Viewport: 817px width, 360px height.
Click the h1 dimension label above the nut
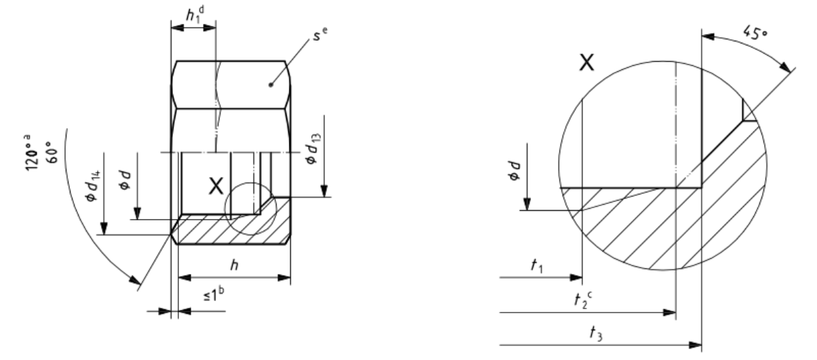pos(195,15)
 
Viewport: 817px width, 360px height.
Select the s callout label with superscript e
pos(320,33)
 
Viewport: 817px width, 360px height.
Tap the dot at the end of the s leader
pos(271,85)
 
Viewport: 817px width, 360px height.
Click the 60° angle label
pos(52,153)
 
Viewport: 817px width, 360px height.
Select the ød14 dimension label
pos(92,186)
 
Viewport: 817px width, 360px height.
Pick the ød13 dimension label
pos(313,149)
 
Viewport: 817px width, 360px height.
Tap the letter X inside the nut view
pos(216,186)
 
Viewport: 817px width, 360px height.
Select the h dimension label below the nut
pos(234,265)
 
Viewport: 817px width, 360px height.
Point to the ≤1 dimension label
pos(214,294)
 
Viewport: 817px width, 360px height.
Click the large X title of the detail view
pos(586,62)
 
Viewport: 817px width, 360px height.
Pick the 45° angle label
pos(755,33)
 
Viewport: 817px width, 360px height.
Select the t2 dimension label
pos(583,300)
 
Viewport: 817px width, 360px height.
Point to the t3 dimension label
pos(596,334)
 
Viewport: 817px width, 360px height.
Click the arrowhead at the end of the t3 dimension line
pos(695,344)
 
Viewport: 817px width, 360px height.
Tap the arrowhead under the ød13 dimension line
pos(324,191)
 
